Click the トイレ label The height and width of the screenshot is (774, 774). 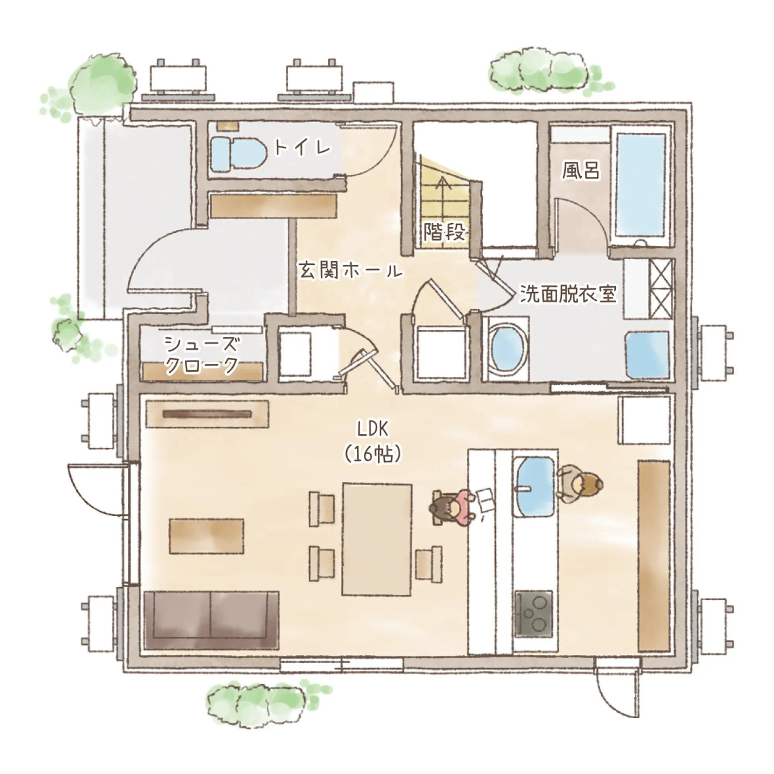click(303, 147)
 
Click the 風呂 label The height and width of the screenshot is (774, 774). click(581, 170)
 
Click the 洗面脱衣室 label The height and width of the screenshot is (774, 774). click(568, 293)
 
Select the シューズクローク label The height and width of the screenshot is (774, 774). click(202, 354)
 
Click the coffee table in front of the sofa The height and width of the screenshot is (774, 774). click(207, 536)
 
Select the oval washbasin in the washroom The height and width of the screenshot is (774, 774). click(507, 349)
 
